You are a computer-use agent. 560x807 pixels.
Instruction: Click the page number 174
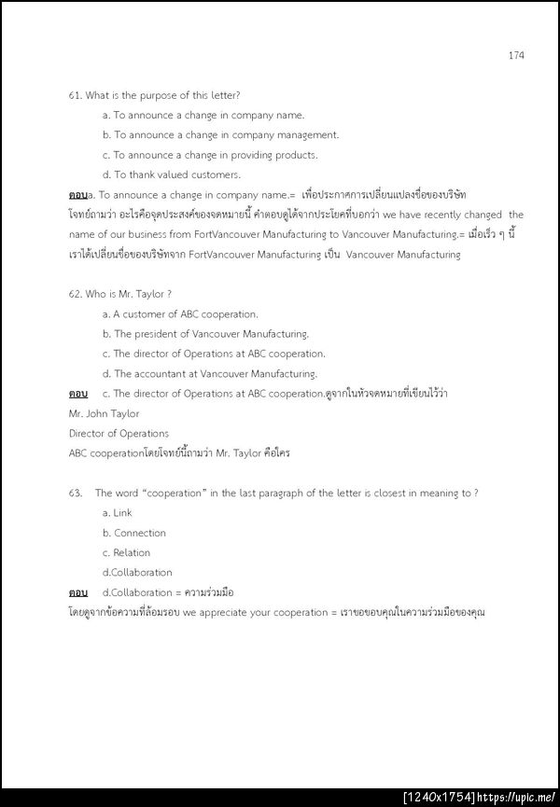(x=516, y=55)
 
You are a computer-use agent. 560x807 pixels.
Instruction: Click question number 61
(x=76, y=96)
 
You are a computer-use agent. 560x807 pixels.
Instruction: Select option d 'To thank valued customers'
(x=164, y=174)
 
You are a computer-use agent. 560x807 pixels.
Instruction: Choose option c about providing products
(x=210, y=155)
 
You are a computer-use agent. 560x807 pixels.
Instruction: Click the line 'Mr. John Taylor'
(x=104, y=413)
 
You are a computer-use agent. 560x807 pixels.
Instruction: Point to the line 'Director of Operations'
(x=119, y=433)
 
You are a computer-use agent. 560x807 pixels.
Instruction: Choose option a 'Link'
(x=118, y=513)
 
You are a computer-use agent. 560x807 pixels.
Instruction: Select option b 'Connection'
(x=134, y=533)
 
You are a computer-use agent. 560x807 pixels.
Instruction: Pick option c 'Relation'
(x=126, y=552)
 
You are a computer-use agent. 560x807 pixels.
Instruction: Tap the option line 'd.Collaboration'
(x=137, y=572)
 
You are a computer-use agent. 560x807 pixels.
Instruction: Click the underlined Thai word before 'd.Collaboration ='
(x=78, y=592)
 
